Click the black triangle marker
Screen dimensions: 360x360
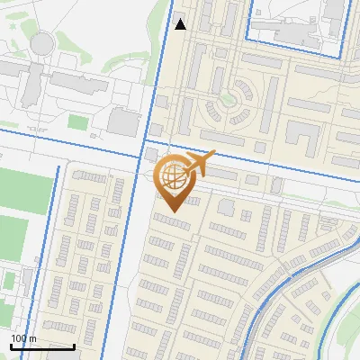[181, 24]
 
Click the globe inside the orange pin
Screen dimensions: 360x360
[175, 177]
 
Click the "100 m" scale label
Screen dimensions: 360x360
[23, 338]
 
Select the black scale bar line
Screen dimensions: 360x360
[42, 346]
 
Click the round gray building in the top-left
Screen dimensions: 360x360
[41, 42]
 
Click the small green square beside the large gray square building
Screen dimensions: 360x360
[79, 121]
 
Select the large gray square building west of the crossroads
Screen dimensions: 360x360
[123, 121]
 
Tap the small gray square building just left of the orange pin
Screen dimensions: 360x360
[149, 155]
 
